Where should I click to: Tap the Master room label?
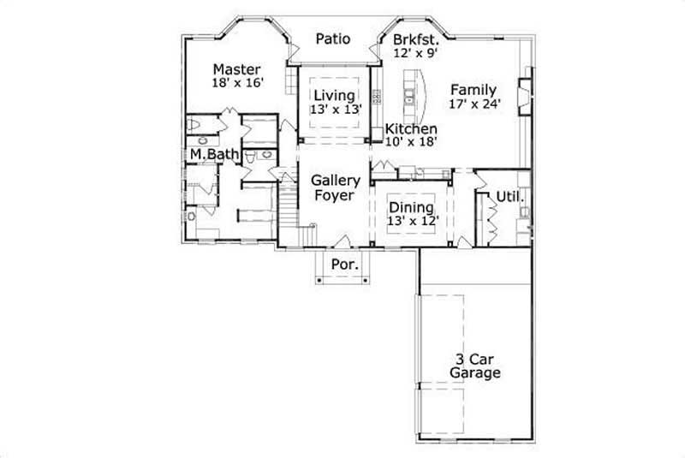237,68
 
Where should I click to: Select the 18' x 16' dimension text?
237,83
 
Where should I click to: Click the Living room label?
334,94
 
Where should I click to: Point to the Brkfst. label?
416,39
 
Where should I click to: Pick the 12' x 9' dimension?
416,53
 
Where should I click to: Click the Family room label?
474,89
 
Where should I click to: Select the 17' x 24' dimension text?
474,104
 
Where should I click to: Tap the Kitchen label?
411,128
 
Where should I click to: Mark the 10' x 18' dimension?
411,141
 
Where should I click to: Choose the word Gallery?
335,181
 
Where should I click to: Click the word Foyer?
335,195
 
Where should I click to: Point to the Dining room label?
412,207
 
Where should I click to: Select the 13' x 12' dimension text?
412,221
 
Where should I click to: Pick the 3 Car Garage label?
473,366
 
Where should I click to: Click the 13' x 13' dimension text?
334,109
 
